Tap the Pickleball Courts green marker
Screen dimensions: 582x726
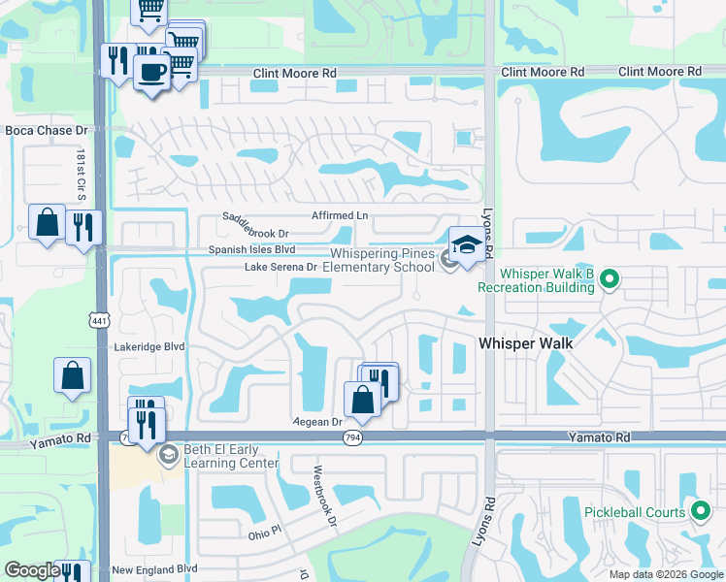[701, 512]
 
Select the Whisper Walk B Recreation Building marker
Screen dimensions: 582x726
[609, 280]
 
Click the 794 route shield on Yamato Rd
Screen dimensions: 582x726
[353, 438]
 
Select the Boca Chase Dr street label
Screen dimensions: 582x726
[47, 130]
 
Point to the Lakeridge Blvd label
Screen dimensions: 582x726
[148, 346]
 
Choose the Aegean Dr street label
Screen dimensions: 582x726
[319, 422]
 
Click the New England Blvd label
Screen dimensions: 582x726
[154, 569]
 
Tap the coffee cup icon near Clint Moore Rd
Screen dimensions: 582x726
[150, 72]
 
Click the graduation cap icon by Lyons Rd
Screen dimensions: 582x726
[467, 242]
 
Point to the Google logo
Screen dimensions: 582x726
[32, 570]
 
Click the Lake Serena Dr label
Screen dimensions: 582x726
[280, 266]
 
